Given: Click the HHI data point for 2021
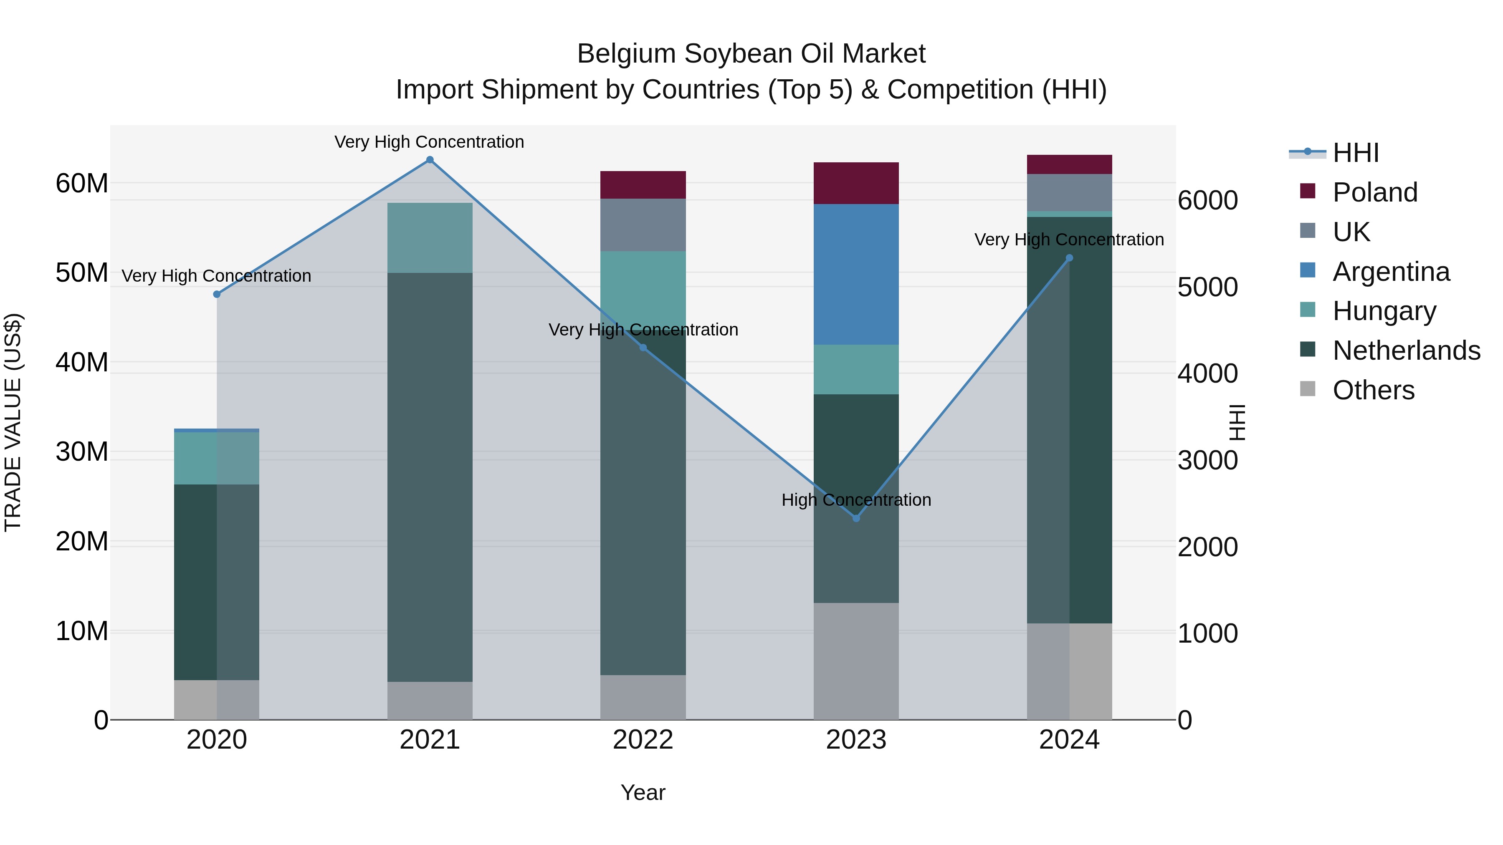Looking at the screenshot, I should (430, 160).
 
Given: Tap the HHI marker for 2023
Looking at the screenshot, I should (856, 518).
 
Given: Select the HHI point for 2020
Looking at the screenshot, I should (217, 295).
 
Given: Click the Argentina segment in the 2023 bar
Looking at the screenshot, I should (856, 274).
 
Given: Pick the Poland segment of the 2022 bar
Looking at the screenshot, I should (643, 185).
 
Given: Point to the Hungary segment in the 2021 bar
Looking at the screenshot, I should (430, 238).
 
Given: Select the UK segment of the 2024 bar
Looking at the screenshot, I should (1069, 192).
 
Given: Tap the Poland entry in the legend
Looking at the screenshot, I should (1375, 192).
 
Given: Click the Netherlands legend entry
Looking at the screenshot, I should (1406, 351).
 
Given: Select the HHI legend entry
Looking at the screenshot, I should (1355, 153).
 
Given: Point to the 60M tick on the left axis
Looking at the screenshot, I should (82, 184).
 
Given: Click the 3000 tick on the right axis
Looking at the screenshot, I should (1207, 461).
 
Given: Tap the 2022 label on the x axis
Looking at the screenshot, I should (643, 740).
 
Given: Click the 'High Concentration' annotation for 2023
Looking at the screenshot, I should (856, 500).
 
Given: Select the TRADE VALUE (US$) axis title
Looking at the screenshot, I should (13, 422).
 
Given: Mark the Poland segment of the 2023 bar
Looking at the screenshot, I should (856, 183).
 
